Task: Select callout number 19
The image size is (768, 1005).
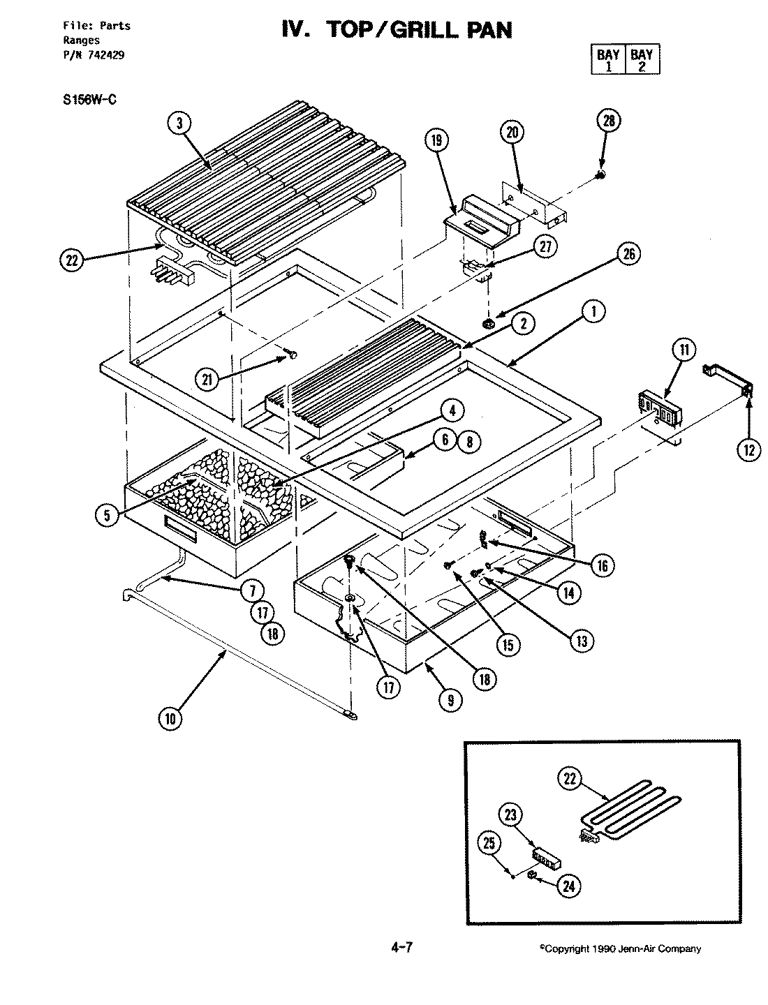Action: (436, 140)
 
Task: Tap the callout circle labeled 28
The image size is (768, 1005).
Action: (608, 121)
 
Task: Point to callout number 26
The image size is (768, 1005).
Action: (629, 255)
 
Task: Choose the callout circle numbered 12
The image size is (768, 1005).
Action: (749, 450)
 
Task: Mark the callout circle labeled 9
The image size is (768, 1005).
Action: (450, 699)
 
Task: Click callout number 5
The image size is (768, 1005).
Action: (108, 515)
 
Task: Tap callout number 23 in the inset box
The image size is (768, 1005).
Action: (510, 814)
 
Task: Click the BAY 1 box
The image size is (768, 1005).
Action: (608, 60)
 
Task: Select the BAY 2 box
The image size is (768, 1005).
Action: (641, 60)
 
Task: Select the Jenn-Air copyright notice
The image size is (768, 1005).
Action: (620, 948)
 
